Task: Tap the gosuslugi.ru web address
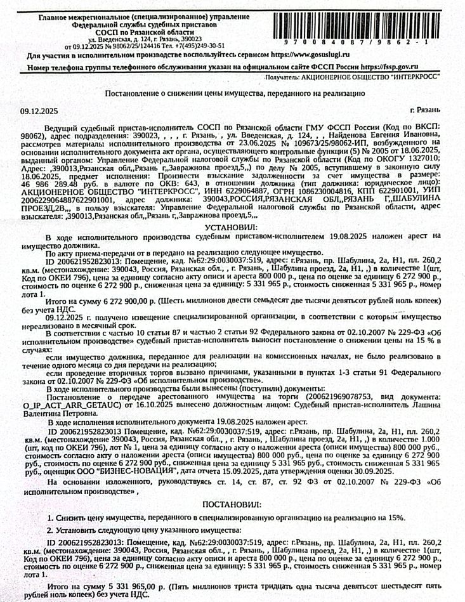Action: pos(313,55)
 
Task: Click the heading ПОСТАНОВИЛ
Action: pos(231,504)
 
